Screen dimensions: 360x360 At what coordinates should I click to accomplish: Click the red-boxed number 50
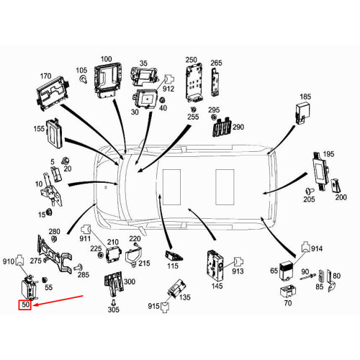(25, 306)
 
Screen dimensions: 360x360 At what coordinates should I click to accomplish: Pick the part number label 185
(305, 96)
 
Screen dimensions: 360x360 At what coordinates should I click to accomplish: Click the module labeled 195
(319, 167)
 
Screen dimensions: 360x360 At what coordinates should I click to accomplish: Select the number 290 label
(238, 127)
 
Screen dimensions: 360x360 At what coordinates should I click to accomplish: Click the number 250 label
(191, 60)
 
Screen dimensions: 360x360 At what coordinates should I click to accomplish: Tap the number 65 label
(274, 271)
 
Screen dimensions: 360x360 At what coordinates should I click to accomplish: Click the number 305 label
(113, 309)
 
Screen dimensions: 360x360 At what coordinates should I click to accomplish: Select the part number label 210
(112, 242)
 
